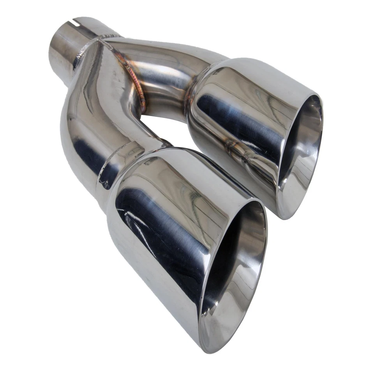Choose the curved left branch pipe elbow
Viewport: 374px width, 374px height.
(x=82, y=125)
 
